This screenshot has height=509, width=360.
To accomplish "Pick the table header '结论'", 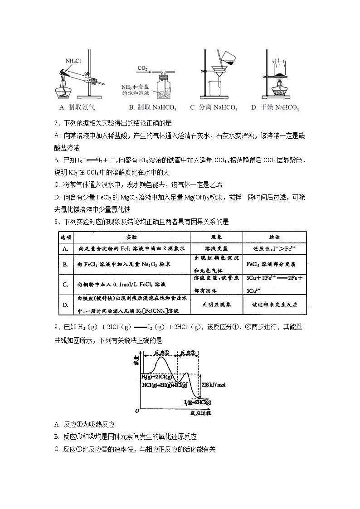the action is pos(274,237).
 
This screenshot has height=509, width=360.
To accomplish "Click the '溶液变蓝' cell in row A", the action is pos(216,249).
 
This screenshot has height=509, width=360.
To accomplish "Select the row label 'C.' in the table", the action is pos(65,284).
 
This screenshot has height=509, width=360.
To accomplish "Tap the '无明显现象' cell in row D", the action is pos(216,305).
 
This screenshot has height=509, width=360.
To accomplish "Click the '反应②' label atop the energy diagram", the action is pos(188,353).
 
